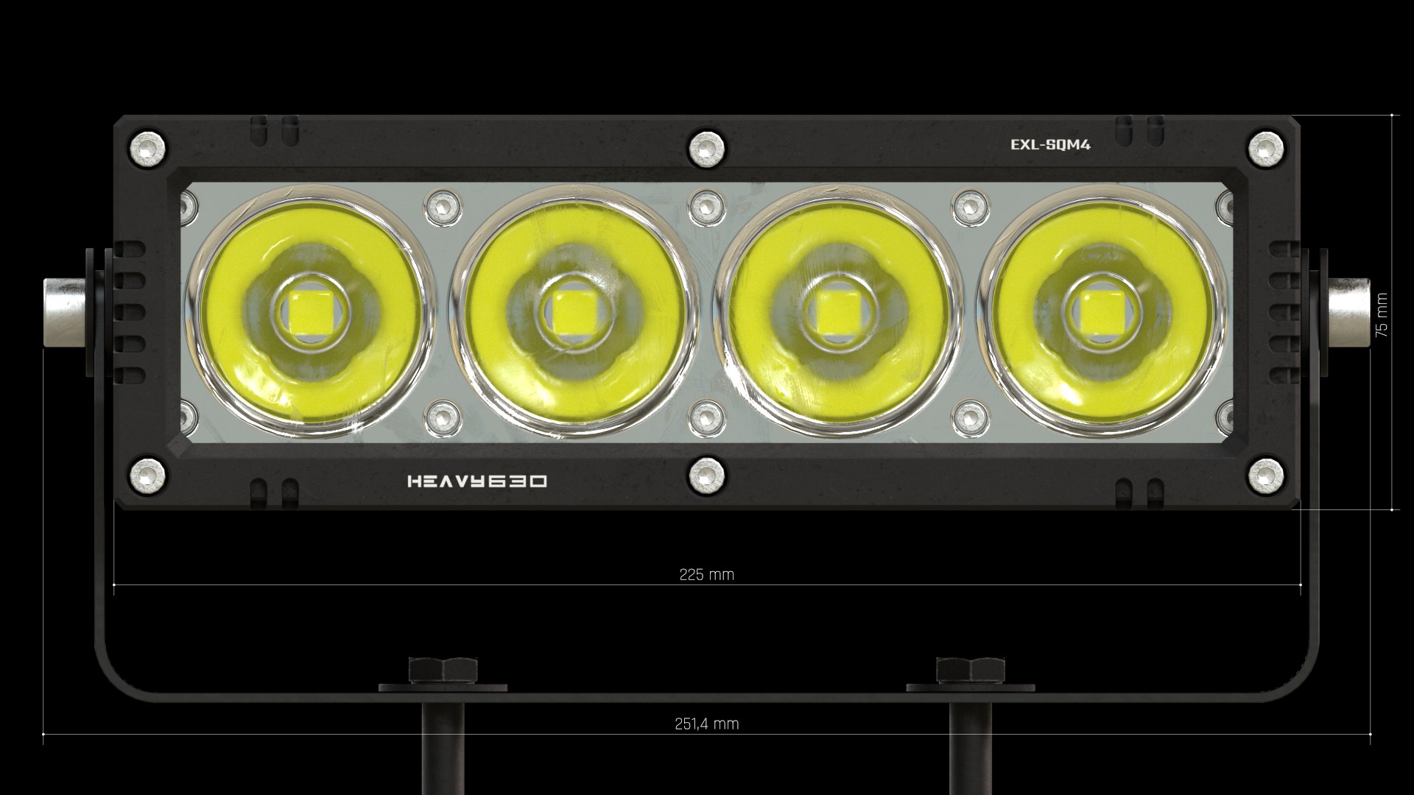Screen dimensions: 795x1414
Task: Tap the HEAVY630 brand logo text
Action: (477, 481)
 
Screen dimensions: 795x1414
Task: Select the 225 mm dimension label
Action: (706, 575)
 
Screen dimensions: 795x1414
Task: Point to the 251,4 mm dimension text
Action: (706, 724)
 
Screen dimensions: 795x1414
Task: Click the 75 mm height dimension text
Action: (1382, 315)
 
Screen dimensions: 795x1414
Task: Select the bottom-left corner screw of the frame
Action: (147, 474)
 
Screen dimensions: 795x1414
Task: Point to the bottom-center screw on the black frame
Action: (706, 474)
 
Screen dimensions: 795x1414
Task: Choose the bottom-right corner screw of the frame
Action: (1265, 474)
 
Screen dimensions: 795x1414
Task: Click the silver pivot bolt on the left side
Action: (65, 312)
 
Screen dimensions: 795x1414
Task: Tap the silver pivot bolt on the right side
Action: (1348, 312)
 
